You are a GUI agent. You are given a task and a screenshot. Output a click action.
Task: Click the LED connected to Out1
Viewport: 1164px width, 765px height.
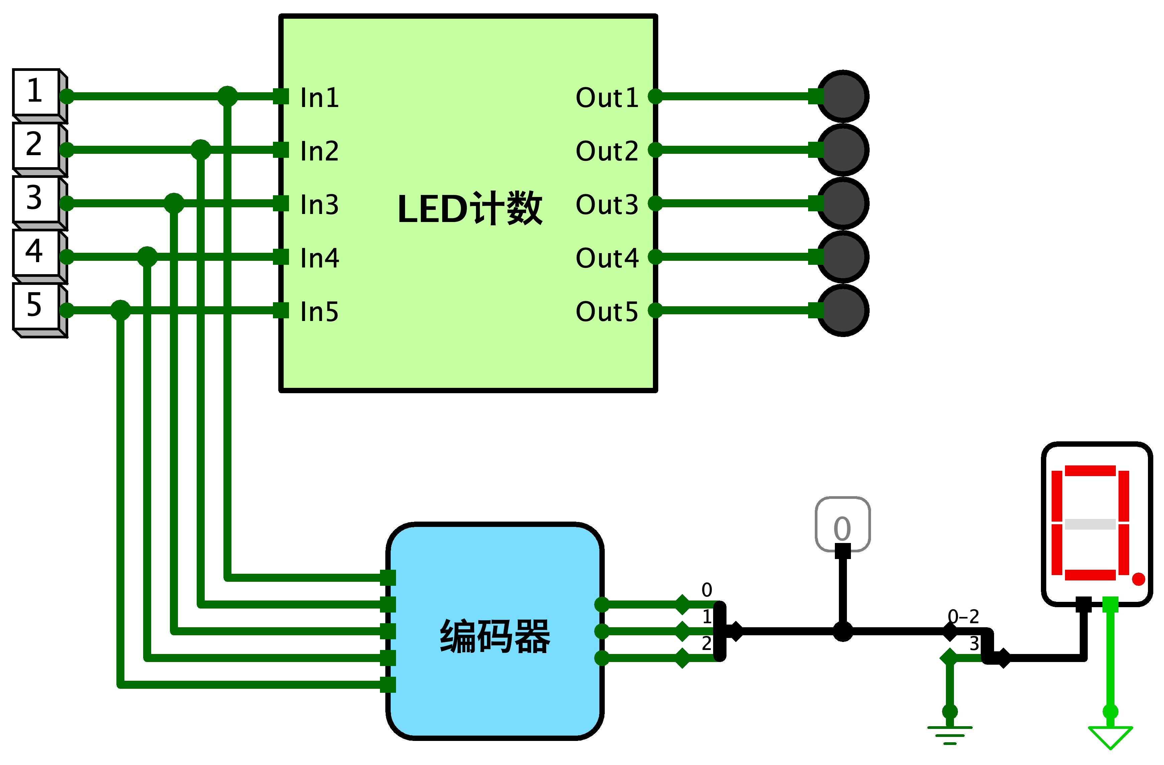tap(843, 96)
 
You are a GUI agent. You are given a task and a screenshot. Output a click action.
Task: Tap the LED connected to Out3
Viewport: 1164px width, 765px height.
tap(843, 203)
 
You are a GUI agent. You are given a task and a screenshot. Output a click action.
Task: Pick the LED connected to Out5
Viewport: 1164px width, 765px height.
tap(843, 310)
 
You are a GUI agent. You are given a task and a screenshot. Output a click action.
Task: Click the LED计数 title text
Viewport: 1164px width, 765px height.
tap(470, 209)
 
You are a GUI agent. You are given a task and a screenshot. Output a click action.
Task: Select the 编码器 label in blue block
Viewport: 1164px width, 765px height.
tap(495, 636)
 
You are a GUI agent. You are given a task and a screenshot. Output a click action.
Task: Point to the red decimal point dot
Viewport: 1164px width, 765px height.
tap(1139, 579)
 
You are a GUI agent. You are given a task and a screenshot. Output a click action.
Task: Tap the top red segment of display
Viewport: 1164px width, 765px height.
tap(1090, 471)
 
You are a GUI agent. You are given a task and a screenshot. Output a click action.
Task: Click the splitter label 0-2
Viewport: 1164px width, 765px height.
tap(963, 617)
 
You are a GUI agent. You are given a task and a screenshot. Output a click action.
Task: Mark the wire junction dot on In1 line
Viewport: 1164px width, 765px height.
tap(227, 96)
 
